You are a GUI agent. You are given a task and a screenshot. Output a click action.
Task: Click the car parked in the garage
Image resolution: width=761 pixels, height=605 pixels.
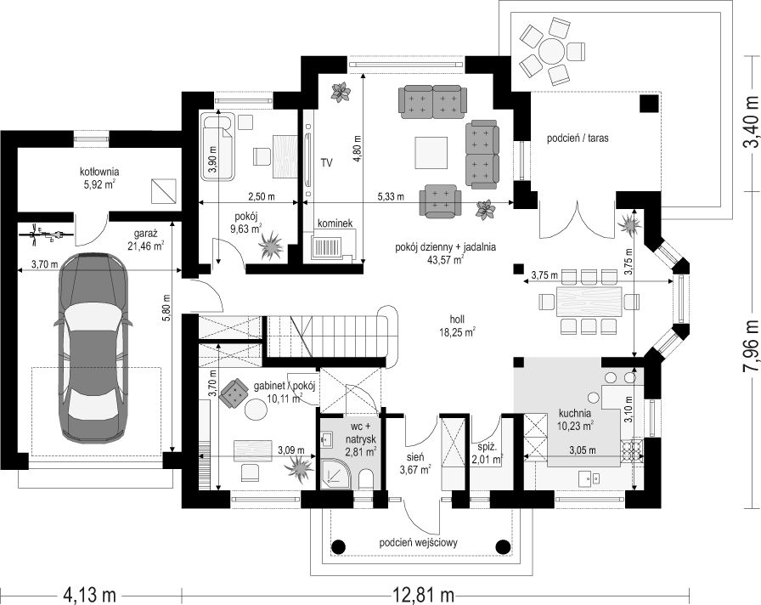point(92,348)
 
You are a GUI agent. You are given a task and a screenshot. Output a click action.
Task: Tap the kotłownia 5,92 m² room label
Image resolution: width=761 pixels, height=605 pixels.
point(99,178)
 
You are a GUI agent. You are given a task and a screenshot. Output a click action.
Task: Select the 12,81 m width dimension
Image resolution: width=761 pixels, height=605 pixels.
point(423,593)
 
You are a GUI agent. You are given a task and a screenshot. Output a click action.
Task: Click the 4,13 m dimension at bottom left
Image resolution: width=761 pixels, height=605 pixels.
point(89,593)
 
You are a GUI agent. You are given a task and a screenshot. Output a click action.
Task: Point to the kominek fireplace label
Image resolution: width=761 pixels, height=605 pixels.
point(335,223)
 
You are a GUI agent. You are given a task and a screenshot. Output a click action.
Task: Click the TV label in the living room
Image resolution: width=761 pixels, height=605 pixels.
point(326,162)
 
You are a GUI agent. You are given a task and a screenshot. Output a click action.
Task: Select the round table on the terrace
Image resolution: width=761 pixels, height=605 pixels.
point(551,49)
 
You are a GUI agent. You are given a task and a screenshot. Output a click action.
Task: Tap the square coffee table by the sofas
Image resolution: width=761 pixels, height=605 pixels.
point(431,153)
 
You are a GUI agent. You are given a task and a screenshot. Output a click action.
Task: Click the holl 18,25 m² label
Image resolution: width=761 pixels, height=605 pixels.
point(457,325)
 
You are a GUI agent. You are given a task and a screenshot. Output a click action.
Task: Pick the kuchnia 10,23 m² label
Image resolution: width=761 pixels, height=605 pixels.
point(575,420)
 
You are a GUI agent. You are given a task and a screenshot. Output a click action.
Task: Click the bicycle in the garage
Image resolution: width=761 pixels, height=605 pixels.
point(47,235)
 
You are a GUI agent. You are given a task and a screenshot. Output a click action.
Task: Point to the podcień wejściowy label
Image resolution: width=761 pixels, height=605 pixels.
point(419,542)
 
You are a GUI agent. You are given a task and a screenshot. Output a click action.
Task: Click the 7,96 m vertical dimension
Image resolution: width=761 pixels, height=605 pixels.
point(750,338)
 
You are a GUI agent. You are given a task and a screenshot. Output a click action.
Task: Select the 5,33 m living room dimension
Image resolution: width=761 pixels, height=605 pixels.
point(391,196)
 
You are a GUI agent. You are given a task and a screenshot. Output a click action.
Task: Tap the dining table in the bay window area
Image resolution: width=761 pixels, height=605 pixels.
point(589,302)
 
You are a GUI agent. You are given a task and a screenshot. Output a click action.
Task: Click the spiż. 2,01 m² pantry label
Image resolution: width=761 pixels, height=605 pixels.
point(487,453)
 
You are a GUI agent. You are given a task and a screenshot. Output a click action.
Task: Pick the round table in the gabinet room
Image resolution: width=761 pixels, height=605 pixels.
point(256,410)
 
